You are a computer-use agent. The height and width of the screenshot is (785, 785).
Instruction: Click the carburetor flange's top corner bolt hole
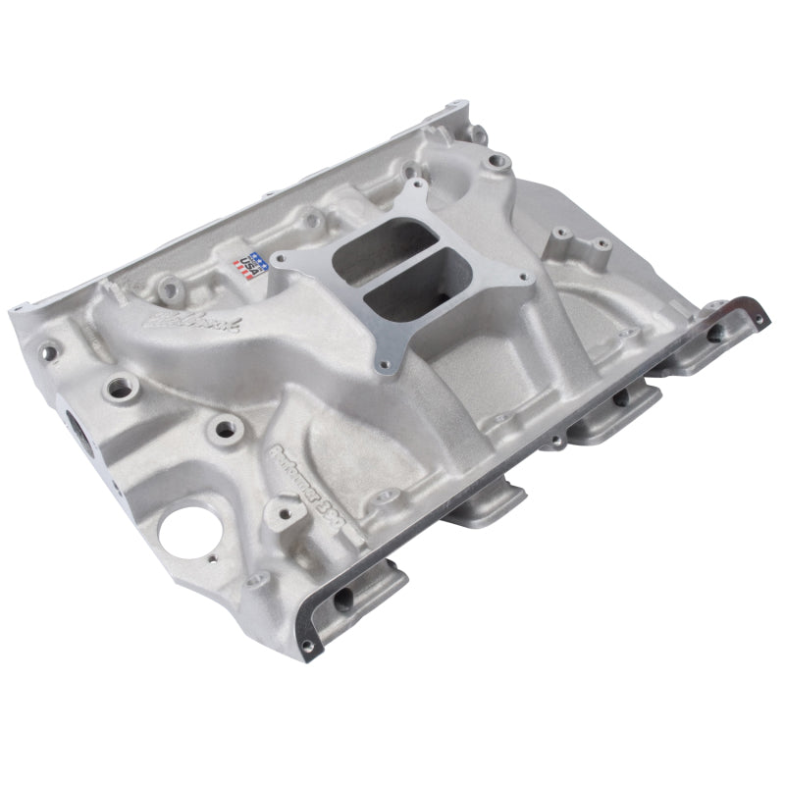point(418,184)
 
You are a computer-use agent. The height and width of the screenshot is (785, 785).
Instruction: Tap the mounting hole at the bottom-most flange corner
point(309,645)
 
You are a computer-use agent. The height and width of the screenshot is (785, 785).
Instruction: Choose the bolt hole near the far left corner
point(47,347)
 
